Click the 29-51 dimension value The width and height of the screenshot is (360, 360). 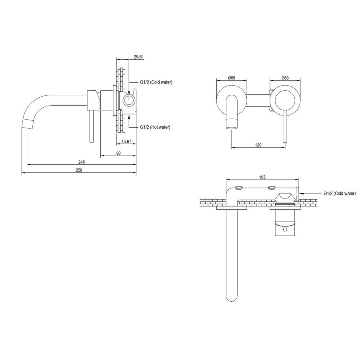click(x=139, y=58)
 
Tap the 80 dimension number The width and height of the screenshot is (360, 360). click(x=119, y=152)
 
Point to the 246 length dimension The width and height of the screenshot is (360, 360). click(x=81, y=162)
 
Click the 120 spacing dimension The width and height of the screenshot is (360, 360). click(x=258, y=145)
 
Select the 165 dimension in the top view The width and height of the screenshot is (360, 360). click(x=262, y=176)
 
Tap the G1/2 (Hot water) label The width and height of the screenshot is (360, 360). click(x=155, y=127)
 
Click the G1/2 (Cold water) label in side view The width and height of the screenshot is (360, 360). click(x=156, y=82)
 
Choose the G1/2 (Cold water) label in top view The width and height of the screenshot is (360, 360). click(x=339, y=193)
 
